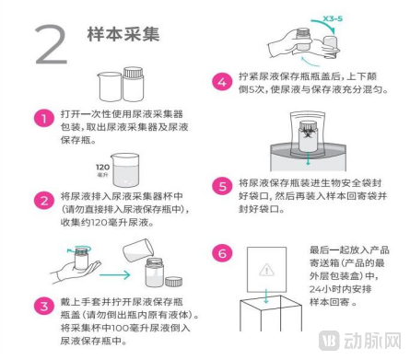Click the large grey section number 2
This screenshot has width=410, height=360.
pyautogui.click(x=52, y=44)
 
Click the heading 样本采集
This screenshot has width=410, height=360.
pyautogui.click(x=123, y=34)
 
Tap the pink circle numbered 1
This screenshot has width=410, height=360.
pyautogui.click(x=44, y=118)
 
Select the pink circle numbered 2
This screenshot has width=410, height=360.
pyautogui.click(x=44, y=200)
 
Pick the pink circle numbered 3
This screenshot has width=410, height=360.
pyautogui.click(x=44, y=306)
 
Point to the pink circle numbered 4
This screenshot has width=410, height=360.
pyautogui.click(x=222, y=82)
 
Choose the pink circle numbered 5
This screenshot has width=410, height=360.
pyautogui.click(x=222, y=187)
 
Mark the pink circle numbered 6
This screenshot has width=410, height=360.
pyautogui.click(x=222, y=253)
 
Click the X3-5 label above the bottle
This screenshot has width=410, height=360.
pyautogui.click(x=333, y=18)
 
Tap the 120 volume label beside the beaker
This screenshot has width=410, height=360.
pyautogui.click(x=102, y=168)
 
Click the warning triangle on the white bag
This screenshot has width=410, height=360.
pyautogui.click(x=266, y=270)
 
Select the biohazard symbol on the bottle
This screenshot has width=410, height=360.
pyautogui.click(x=307, y=133)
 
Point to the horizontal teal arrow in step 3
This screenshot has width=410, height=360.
pyautogui.click(x=115, y=274)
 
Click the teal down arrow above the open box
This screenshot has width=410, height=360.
pyautogui.click(x=266, y=296)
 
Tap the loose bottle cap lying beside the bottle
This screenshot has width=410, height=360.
pyautogui.click(x=173, y=281)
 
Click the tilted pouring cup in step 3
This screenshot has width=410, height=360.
pyautogui.click(x=138, y=250)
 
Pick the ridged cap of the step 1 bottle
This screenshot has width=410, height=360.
pyautogui.click(x=134, y=73)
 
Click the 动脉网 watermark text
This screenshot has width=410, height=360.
pyautogui.click(x=372, y=341)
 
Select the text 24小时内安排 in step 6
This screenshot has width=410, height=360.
pyautogui.click(x=340, y=289)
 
